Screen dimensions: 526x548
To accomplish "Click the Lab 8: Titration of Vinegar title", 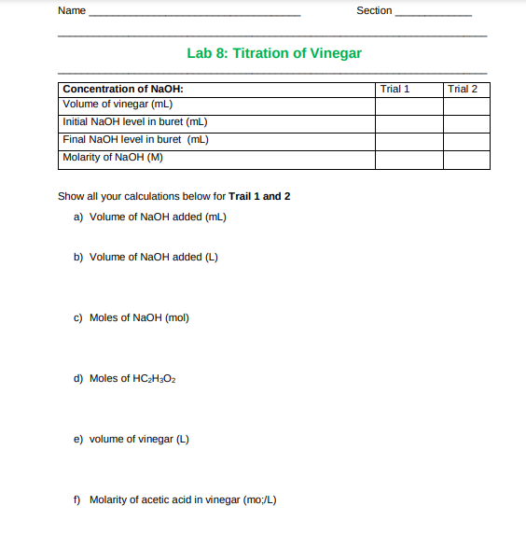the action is point(274,53).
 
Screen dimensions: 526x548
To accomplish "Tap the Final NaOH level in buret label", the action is point(134,140).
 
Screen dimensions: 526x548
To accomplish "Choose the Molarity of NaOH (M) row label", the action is point(113,157).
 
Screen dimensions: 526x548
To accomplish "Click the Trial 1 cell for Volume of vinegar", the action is point(408,105).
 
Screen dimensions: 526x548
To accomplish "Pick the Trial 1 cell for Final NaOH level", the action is point(408,141).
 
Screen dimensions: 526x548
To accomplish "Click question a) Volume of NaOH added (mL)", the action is point(150,217).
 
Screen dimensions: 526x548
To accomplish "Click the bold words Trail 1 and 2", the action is point(259,196).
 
